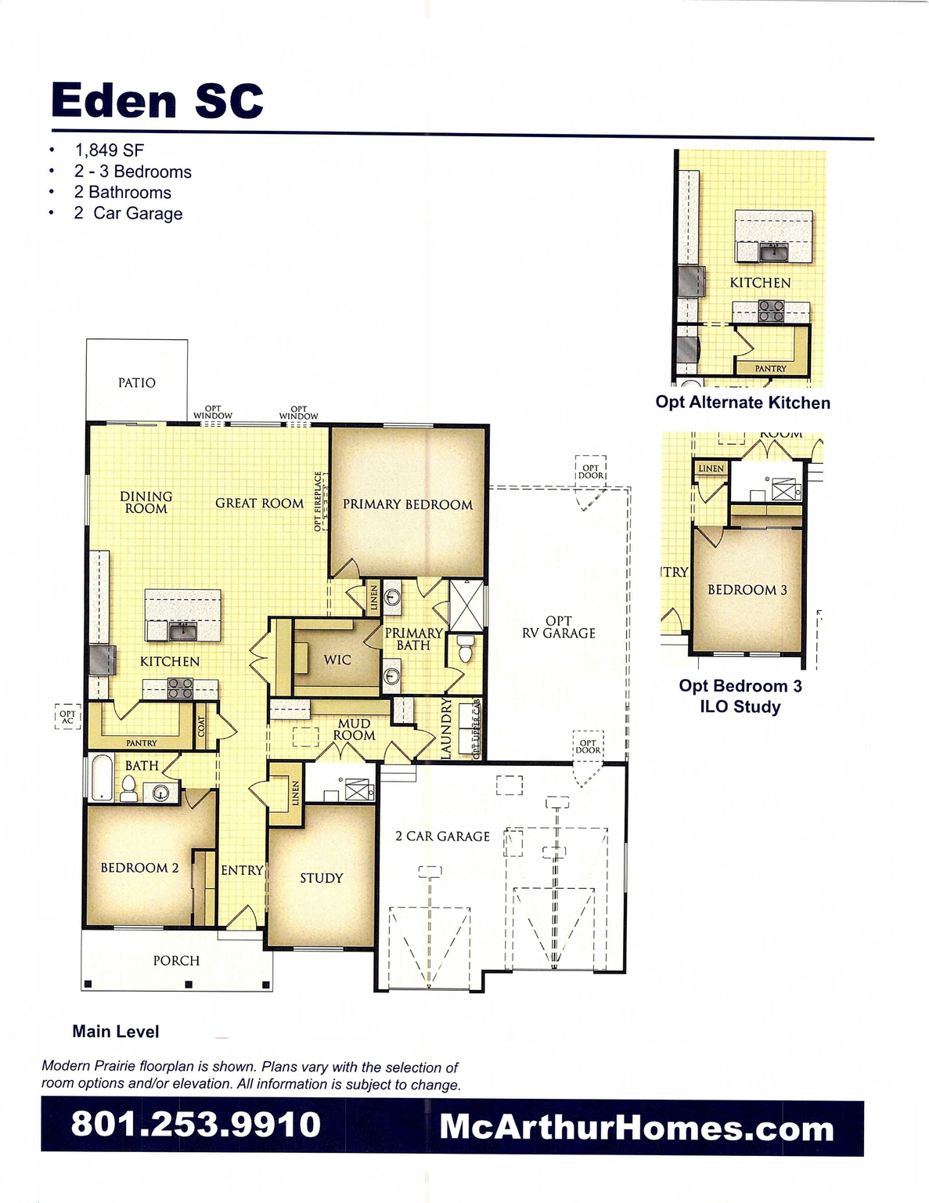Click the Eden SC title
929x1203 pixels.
click(x=157, y=101)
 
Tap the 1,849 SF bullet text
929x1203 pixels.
click(x=109, y=150)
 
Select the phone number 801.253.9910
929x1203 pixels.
click(x=196, y=1124)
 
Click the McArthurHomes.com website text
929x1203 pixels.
click(x=636, y=1128)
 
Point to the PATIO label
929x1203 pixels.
click(x=137, y=382)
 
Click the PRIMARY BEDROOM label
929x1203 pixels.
click(x=407, y=504)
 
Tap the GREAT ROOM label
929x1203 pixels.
click(x=259, y=503)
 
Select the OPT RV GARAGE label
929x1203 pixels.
click(x=559, y=627)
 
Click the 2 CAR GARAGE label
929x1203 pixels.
click(x=442, y=836)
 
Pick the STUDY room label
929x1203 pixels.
click(x=321, y=878)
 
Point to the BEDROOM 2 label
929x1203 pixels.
click(x=139, y=868)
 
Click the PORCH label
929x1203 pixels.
click(x=176, y=960)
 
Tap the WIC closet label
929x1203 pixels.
click(x=337, y=659)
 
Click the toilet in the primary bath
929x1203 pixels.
click(x=466, y=649)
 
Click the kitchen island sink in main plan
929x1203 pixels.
click(x=183, y=629)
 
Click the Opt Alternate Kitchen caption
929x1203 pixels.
click(x=742, y=403)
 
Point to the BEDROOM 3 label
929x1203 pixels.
click(x=747, y=590)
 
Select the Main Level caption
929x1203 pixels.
click(x=116, y=1031)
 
